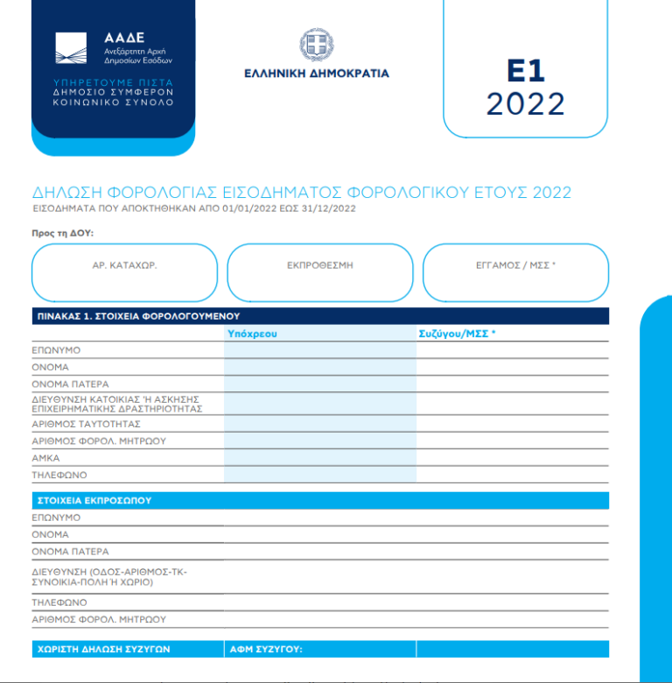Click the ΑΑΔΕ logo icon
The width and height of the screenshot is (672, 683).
(71, 48)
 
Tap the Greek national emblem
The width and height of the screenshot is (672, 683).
(317, 45)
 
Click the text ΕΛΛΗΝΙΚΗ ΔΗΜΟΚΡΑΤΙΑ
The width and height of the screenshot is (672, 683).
(317, 74)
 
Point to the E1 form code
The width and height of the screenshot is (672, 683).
(525, 71)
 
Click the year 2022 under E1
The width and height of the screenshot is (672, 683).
(525, 104)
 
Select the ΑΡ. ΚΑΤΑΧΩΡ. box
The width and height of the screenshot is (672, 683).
(124, 272)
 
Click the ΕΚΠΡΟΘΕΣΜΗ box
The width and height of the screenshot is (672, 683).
(319, 272)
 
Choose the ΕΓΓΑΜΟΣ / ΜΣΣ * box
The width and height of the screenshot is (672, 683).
(515, 272)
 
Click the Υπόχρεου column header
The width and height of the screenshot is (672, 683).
(252, 334)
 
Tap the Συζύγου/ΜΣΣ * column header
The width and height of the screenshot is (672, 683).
(457, 334)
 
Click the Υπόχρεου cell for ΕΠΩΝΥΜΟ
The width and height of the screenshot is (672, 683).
(320, 350)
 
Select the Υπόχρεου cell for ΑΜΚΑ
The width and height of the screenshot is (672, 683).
(320, 458)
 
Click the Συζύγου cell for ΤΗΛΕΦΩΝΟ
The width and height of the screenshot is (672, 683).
(512, 475)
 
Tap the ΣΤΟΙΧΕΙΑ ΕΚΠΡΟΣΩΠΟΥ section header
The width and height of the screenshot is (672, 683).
(94, 501)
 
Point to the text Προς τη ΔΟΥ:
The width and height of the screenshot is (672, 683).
(62, 233)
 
